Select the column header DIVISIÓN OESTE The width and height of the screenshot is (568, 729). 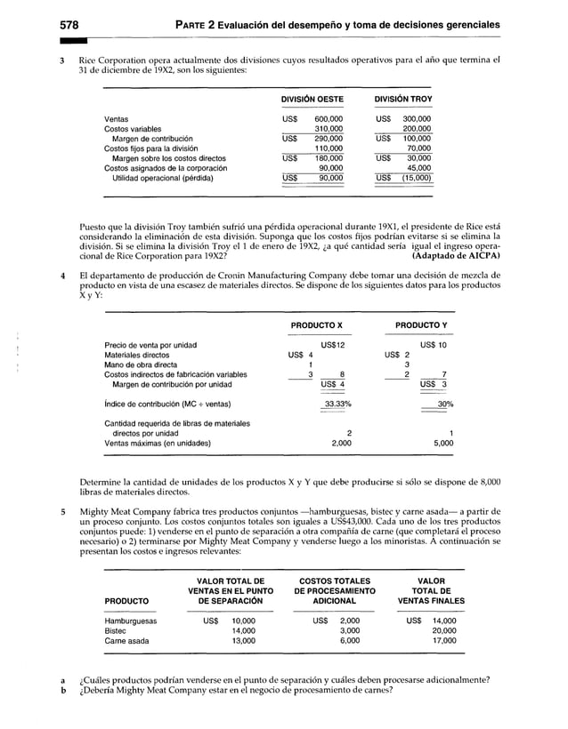tap(312, 100)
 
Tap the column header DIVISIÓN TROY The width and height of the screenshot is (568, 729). tap(403, 100)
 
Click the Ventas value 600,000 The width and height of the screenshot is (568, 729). tap(329, 119)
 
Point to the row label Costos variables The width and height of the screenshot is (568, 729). tap(134, 129)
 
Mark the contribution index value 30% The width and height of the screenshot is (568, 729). tap(445, 404)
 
